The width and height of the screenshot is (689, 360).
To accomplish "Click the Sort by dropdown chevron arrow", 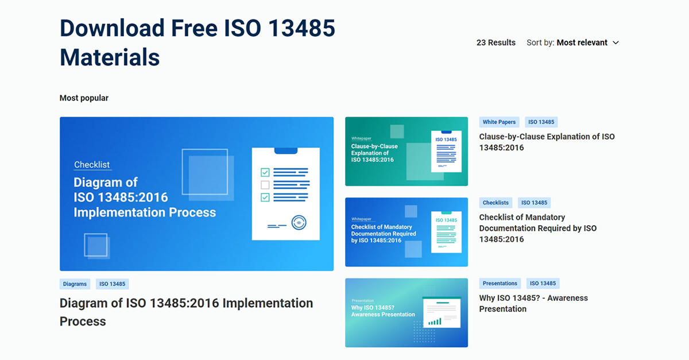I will click(616, 42).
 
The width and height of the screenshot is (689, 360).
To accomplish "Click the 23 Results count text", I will click(496, 42).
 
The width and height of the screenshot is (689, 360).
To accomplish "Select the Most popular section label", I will click(84, 98).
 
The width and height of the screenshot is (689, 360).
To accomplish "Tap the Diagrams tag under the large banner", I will click(75, 284).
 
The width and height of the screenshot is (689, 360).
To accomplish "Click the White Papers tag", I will click(499, 122).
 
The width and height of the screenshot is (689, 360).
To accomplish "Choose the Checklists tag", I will click(496, 203).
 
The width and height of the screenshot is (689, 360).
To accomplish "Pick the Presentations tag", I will click(500, 283).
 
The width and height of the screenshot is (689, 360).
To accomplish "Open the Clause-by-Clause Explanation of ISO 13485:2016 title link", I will click(547, 142).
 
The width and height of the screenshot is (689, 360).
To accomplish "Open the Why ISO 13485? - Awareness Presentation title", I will click(533, 303).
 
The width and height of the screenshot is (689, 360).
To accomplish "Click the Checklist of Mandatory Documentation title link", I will click(537, 228).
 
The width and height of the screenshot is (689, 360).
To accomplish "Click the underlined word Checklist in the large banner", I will click(92, 165).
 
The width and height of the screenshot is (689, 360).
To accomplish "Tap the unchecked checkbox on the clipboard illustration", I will click(265, 185).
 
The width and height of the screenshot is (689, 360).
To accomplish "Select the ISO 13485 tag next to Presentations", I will click(543, 283).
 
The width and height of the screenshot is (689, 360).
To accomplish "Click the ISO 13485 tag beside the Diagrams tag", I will click(111, 284).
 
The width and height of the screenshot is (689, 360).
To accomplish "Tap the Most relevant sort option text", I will click(582, 42).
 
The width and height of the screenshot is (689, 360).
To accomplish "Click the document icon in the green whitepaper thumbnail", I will click(446, 152).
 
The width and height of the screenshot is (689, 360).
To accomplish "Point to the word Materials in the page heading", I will click(110, 57).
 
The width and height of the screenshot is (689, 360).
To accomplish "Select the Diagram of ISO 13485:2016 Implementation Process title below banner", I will click(186, 312).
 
